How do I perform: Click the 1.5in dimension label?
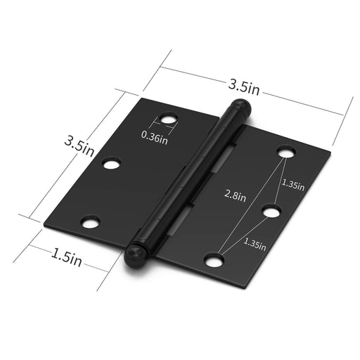pos(66,258)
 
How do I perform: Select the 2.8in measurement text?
pos(235,196)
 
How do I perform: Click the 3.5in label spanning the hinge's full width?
pos(244,87)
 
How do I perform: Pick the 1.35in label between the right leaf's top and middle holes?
pos(293,185)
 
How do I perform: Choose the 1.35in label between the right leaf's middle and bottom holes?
pos(255,244)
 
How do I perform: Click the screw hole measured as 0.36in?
pos(169,119)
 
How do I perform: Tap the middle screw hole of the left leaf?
pos(112,163)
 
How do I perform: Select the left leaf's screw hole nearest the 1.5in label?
pos(90,222)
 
